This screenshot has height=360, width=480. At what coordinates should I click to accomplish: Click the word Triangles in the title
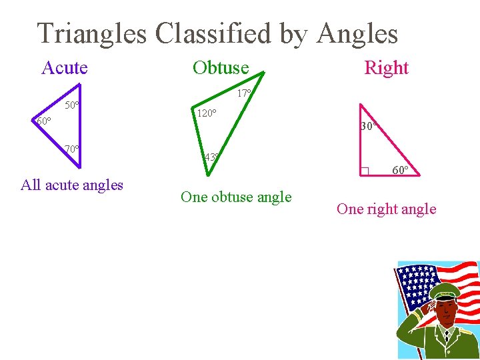click(x=92, y=33)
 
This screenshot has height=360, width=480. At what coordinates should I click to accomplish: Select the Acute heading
click(x=65, y=67)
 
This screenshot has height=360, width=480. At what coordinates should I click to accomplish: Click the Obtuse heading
click(x=221, y=67)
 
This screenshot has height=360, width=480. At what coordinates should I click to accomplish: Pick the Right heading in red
click(x=386, y=67)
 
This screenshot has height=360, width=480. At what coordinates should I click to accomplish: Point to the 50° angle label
click(x=72, y=105)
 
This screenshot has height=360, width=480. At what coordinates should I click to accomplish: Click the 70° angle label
click(x=72, y=149)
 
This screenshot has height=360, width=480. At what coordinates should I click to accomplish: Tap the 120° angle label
click(x=205, y=113)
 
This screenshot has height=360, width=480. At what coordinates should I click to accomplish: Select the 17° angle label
click(x=244, y=94)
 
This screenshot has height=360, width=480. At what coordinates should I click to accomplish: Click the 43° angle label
click(x=212, y=157)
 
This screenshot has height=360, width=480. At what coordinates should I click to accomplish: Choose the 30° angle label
click(x=369, y=126)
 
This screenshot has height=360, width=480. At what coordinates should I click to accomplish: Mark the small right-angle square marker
click(x=364, y=171)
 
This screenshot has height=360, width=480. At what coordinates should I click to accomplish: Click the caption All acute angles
click(x=72, y=185)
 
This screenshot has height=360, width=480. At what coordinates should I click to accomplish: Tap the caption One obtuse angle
click(x=236, y=197)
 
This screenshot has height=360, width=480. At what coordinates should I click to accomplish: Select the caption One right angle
click(x=386, y=209)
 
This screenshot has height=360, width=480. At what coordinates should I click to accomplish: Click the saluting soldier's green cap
click(x=445, y=291)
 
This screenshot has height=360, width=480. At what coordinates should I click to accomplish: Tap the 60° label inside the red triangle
click(x=401, y=170)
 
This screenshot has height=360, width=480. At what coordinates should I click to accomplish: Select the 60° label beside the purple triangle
click(x=43, y=121)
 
